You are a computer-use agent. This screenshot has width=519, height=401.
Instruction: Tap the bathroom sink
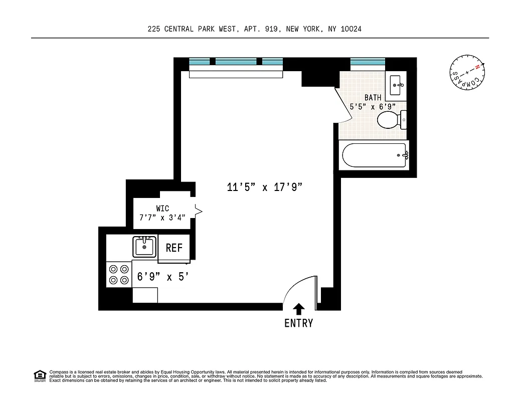pos(397,82)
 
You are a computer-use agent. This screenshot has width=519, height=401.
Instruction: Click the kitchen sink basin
pos(144,247)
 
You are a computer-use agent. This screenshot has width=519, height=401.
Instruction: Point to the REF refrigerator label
pos(174,248)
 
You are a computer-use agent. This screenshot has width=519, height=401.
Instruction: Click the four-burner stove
pos(119,274)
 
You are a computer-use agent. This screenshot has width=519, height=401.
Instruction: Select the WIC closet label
pos(162,209)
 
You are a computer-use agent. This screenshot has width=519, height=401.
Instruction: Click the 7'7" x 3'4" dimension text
pos(162,218)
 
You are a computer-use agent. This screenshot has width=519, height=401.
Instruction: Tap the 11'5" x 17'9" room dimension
pos(265,188)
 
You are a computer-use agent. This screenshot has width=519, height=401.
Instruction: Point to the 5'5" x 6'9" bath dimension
pos(373,106)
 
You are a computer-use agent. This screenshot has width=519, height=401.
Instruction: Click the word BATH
pos(373,98)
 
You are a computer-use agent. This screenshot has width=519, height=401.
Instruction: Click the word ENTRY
pos(299,323)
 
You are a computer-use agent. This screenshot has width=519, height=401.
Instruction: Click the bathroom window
pos(368,62)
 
